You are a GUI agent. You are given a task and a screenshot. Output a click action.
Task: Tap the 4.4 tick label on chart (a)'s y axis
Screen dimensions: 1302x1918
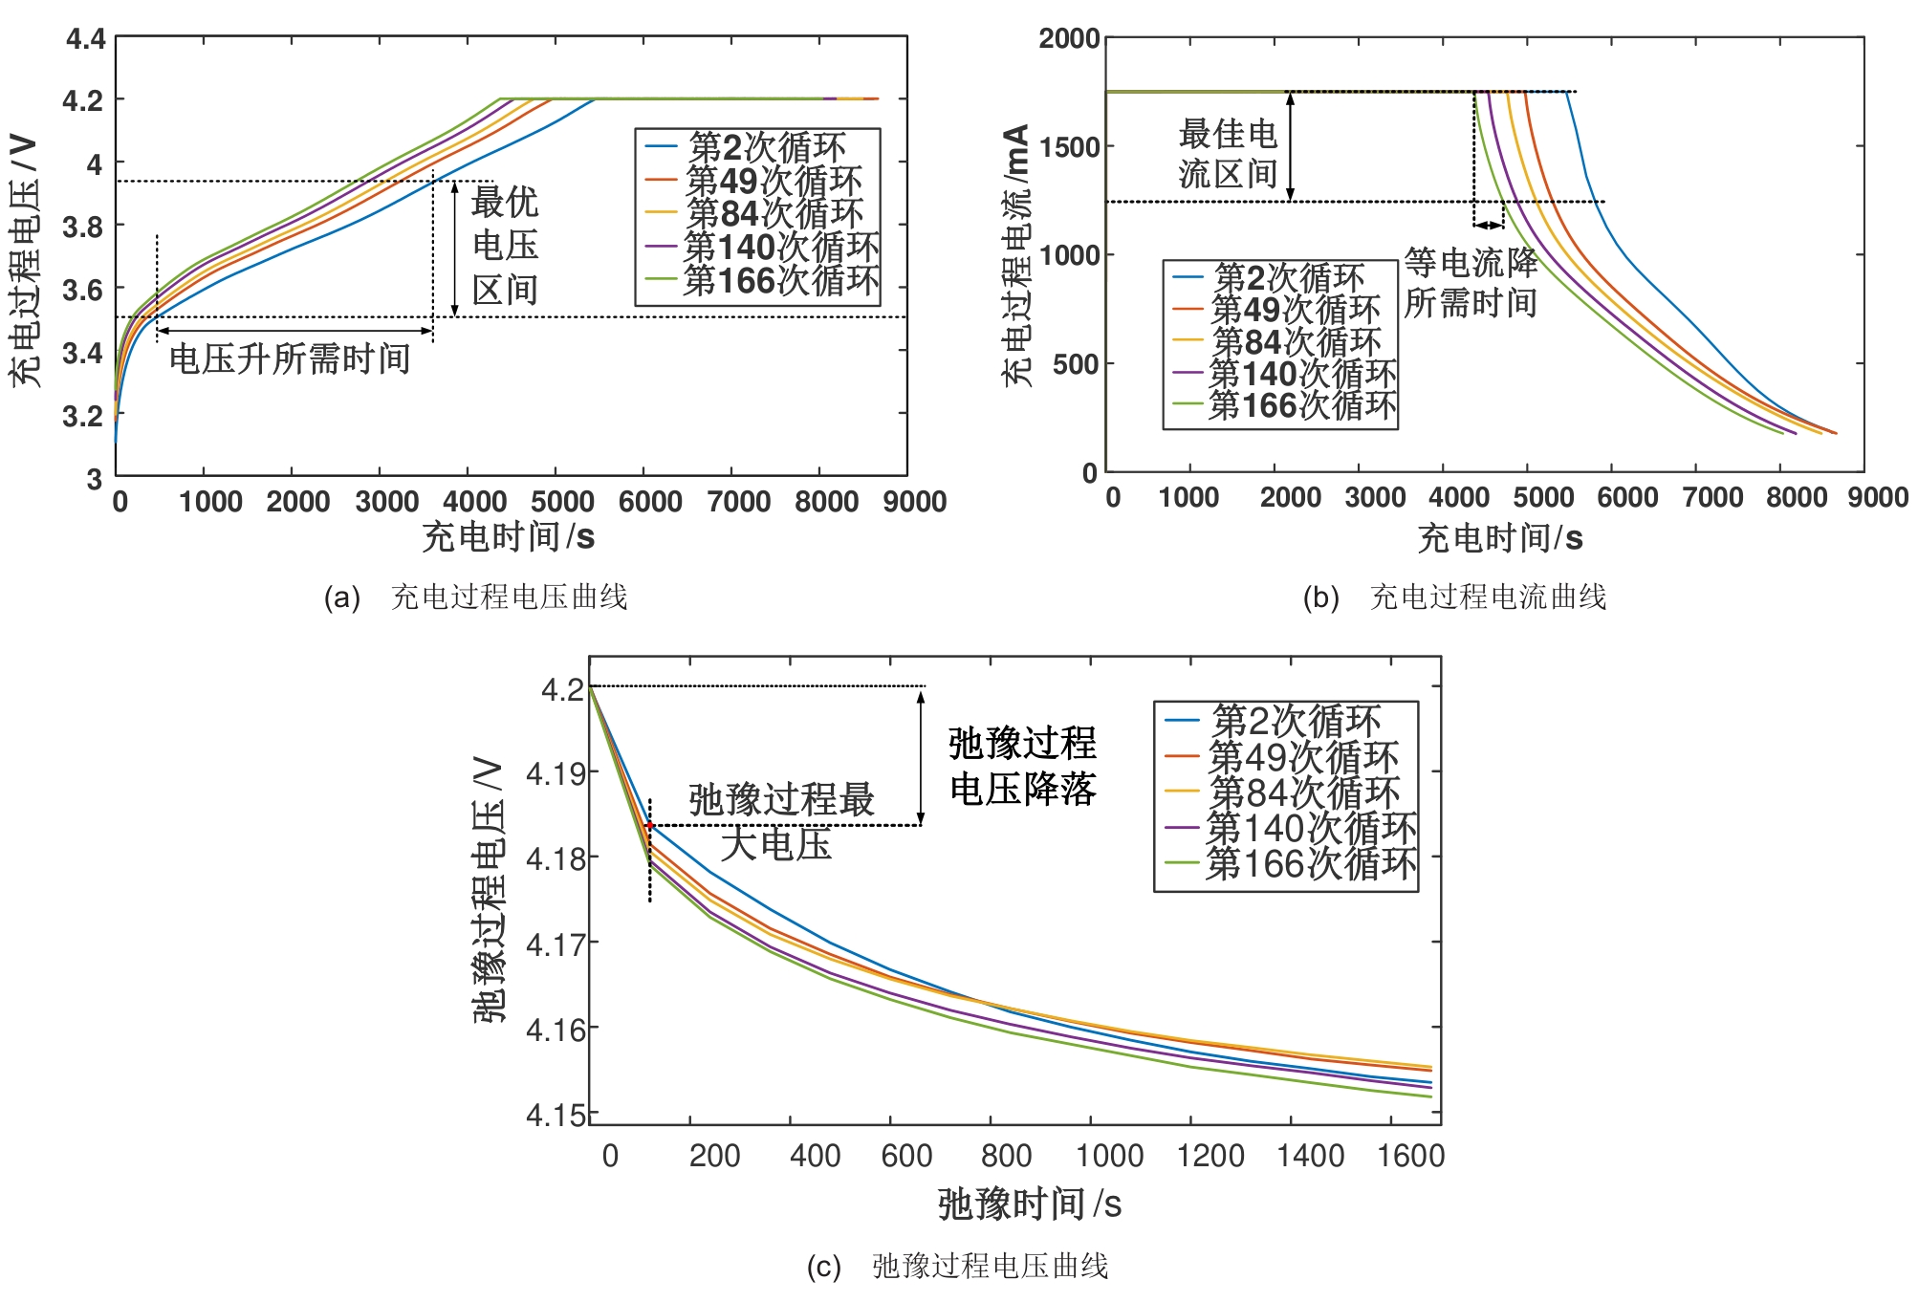pyautogui.click(x=85, y=39)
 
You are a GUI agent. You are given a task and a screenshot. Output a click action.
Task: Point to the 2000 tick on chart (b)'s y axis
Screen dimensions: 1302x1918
pyautogui.click(x=1068, y=39)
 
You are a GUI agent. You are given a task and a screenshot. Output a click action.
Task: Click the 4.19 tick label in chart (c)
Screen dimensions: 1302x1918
pyautogui.click(x=556, y=773)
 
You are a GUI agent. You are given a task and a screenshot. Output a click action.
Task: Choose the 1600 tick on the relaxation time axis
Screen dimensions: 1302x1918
pyautogui.click(x=1410, y=1156)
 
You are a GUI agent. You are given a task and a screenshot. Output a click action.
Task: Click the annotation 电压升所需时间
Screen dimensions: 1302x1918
pyautogui.click(x=290, y=359)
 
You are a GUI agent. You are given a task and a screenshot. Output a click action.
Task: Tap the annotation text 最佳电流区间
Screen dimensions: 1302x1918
pyautogui.click(x=1228, y=154)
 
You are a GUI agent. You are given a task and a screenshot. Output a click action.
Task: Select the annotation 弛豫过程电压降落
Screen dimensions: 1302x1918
pyautogui.click(x=1022, y=767)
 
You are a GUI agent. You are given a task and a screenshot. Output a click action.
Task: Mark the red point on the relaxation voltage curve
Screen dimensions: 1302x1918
pyautogui.click(x=650, y=825)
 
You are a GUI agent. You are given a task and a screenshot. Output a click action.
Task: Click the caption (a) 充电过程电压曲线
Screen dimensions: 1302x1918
pyautogui.click(x=476, y=597)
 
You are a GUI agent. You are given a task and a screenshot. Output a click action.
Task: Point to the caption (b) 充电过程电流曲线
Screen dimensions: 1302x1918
pyautogui.click(x=1453, y=597)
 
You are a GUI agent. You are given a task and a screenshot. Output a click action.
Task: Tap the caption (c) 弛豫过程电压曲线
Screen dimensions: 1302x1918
pyautogui.click(x=957, y=1267)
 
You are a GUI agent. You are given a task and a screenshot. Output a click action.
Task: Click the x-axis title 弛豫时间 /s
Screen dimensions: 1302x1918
pyautogui.click(x=1029, y=1204)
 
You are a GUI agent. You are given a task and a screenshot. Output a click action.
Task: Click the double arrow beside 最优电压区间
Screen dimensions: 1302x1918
pyautogui.click(x=455, y=249)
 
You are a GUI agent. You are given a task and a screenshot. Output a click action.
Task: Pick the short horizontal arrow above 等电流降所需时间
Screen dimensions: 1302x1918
pyautogui.click(x=1488, y=226)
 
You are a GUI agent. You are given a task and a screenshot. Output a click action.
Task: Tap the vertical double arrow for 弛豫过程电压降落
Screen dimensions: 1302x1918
pyautogui.click(x=921, y=756)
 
